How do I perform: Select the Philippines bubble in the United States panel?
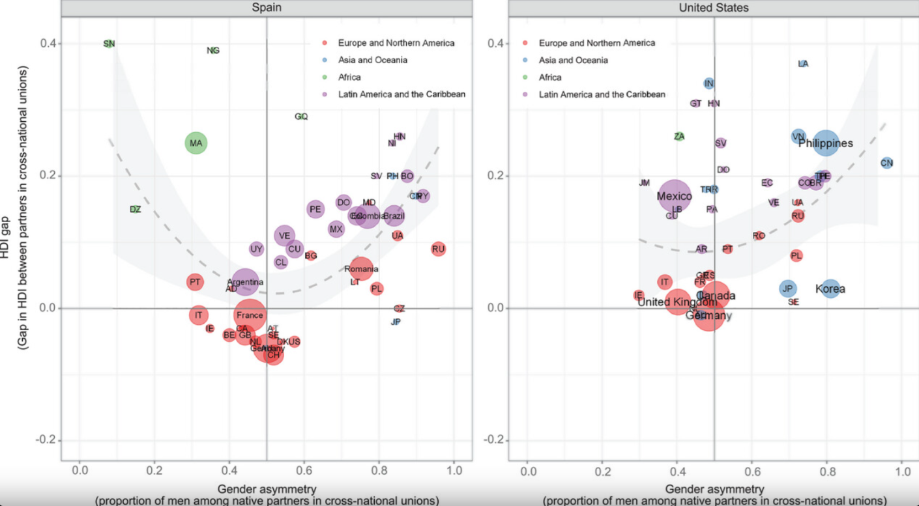826,143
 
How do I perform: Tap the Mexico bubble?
674,195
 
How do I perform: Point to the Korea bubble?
830,288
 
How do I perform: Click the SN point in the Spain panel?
109,44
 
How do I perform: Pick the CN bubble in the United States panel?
886,163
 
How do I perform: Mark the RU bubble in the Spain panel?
438,249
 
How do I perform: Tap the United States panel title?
714,8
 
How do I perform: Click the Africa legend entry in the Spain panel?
349,77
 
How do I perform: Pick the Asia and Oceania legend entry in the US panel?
573,60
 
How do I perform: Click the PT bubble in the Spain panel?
195,282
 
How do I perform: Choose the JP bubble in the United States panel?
788,288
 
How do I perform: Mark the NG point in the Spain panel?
213,51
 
